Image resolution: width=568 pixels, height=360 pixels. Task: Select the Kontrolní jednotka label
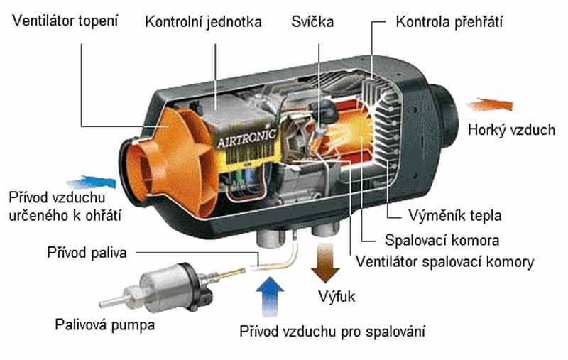[203, 22]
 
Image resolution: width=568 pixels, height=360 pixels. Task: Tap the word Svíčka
[313, 22]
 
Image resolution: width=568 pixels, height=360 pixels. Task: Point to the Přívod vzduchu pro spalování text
[333, 332]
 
